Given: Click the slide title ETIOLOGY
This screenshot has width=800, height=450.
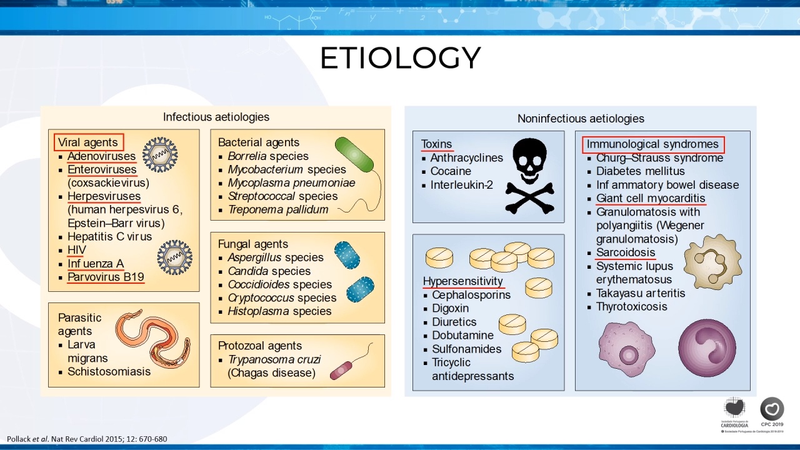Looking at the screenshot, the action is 401,57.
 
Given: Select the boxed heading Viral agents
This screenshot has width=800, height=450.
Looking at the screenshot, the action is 89,142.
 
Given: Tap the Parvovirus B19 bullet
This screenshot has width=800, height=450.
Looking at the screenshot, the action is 106,277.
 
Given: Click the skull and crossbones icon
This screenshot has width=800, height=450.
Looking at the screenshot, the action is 529,176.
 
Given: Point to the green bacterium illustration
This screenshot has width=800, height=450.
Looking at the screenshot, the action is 354,154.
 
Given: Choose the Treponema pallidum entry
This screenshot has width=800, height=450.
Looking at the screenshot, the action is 278,209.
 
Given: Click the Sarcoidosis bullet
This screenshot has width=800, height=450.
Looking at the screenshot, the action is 626,252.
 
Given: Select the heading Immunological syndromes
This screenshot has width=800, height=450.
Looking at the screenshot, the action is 652,144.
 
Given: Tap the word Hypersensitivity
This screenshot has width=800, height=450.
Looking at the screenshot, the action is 463,281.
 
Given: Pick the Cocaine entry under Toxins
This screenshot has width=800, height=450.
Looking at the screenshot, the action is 451,171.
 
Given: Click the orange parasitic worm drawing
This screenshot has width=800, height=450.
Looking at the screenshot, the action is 153,339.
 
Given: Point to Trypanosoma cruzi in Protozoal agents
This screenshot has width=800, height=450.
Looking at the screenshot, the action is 274,359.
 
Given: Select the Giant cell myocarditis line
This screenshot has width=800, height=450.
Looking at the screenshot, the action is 651,198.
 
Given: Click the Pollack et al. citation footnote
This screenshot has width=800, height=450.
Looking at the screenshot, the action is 87,439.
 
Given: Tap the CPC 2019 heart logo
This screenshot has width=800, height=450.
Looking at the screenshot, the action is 772,409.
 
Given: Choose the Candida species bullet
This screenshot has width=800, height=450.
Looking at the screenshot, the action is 269,271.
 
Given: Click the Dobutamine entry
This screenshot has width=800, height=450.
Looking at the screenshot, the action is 462,336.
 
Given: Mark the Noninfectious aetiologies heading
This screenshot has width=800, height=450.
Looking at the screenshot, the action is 581,119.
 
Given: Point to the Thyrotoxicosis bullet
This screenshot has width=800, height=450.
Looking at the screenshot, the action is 631,306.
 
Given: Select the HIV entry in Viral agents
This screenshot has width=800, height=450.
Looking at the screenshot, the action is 77,249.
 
